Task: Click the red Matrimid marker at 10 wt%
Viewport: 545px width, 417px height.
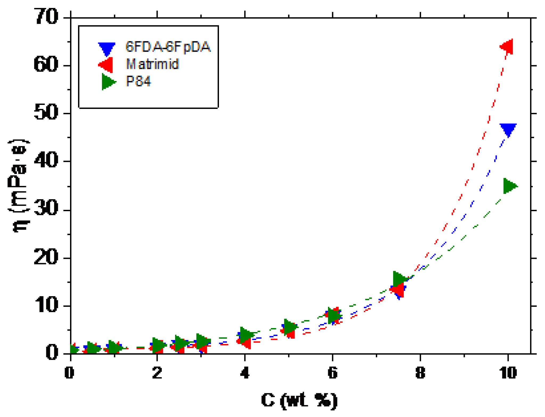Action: [x=507, y=47]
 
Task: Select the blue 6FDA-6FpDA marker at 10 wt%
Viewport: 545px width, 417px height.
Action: [x=508, y=129]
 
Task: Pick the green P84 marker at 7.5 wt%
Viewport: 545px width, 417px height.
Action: [x=399, y=279]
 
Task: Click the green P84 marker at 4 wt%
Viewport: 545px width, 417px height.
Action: [x=246, y=334]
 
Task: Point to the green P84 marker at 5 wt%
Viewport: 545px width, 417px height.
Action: [x=290, y=326]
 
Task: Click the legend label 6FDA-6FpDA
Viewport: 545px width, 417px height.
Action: [x=168, y=47]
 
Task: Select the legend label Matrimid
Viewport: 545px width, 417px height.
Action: [x=152, y=64]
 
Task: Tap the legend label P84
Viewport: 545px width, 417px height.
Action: [x=138, y=81]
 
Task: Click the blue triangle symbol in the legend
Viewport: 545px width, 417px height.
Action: [x=107, y=48]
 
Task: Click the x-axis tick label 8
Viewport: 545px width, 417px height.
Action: [x=420, y=373]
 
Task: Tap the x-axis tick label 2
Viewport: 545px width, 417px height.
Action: [x=157, y=373]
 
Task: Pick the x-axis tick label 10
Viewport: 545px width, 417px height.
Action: [x=508, y=373]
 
